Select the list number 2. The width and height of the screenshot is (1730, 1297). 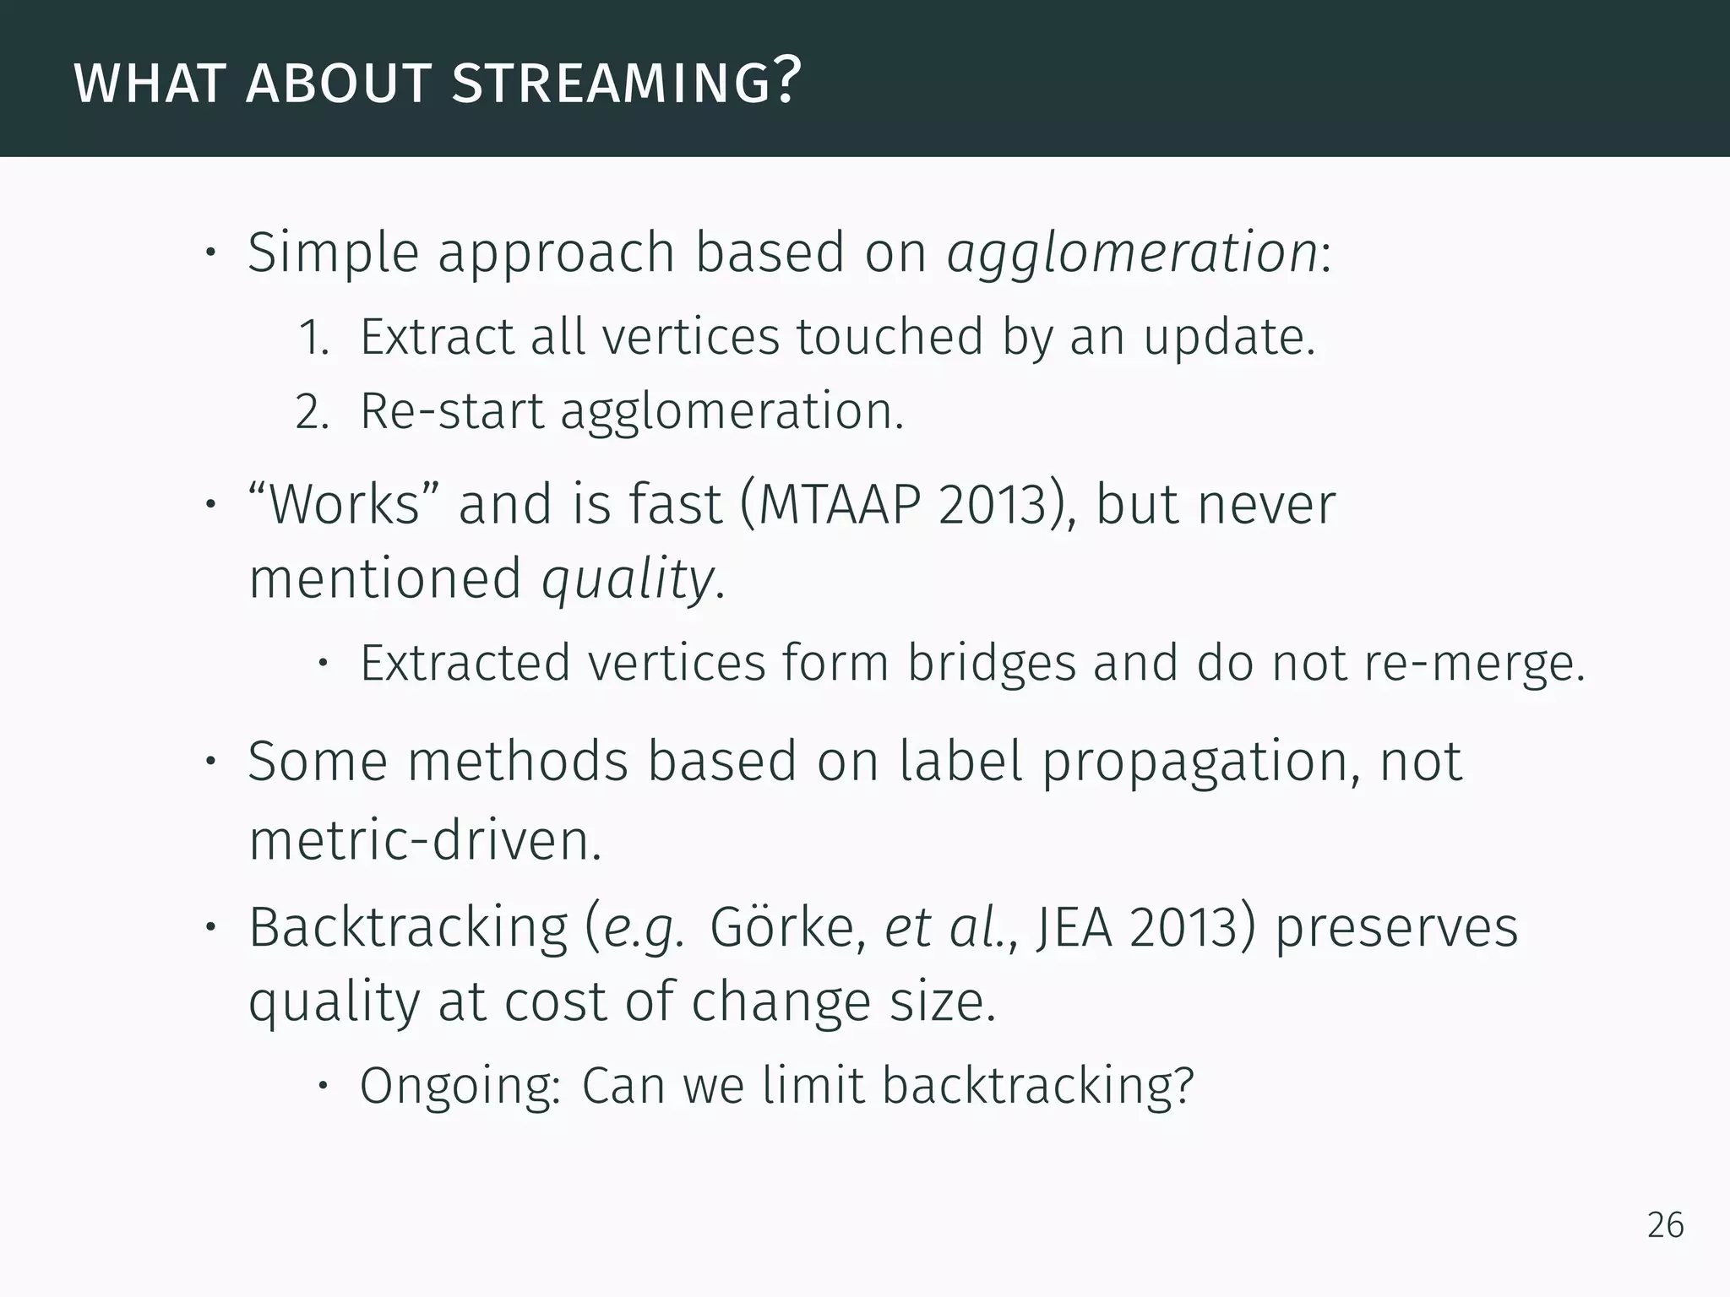310,412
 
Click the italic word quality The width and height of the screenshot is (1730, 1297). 628,580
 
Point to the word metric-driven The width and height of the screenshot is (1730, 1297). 425,842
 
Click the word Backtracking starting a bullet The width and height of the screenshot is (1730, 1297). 408,927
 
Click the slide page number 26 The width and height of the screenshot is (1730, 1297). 1665,1225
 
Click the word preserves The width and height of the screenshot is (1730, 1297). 1395,927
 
